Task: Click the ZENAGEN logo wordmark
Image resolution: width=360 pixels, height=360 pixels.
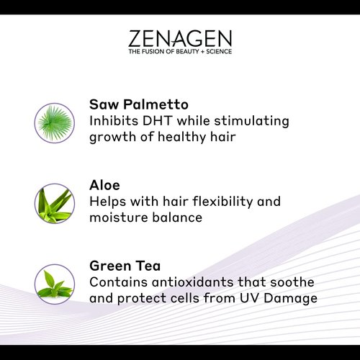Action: click(180, 39)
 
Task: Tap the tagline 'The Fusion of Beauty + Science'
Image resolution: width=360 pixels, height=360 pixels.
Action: click(180, 52)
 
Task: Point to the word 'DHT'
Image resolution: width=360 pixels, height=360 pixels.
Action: click(166, 120)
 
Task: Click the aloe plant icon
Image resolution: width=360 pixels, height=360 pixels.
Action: click(55, 203)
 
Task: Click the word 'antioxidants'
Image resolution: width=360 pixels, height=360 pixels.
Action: click(203, 281)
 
